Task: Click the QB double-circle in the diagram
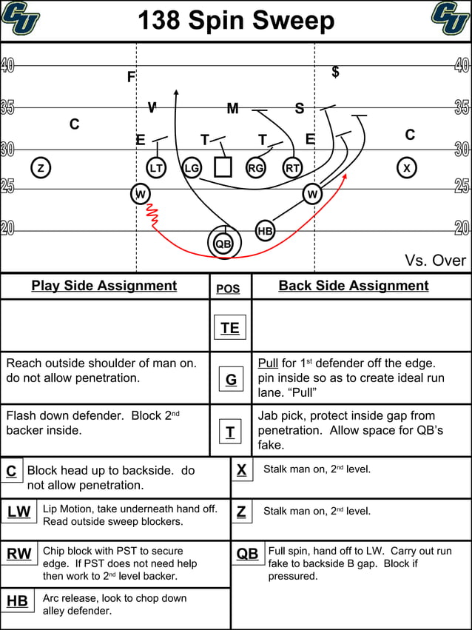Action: pos(223,243)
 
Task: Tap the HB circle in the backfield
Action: pos(266,231)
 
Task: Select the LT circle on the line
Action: pos(156,168)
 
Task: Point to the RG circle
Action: pos(255,168)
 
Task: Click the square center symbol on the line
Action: pos(223,167)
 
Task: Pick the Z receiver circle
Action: pos(41,168)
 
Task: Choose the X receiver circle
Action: pos(406,168)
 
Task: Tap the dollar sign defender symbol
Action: pos(335,72)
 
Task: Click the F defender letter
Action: pos(131,77)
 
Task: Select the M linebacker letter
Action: pos(232,109)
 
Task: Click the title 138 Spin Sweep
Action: pos(236,20)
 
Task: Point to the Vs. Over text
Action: pos(435,260)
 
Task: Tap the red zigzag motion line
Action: pos(153,215)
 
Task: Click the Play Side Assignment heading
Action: pos(104,286)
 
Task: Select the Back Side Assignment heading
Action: pos(354,286)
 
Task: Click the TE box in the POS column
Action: pos(229,327)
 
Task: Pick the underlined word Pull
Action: pos(268,363)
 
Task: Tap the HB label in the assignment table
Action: pos(17,601)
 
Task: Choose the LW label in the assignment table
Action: pos(19,512)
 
